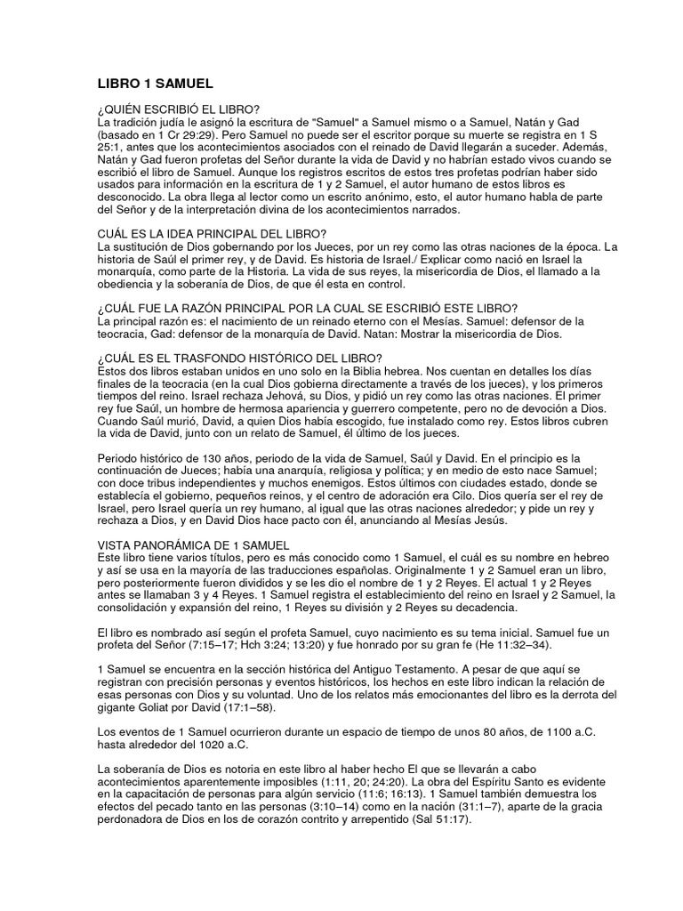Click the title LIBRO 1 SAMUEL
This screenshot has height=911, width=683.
tap(155, 84)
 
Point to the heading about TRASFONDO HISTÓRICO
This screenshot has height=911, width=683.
tap(239, 358)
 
